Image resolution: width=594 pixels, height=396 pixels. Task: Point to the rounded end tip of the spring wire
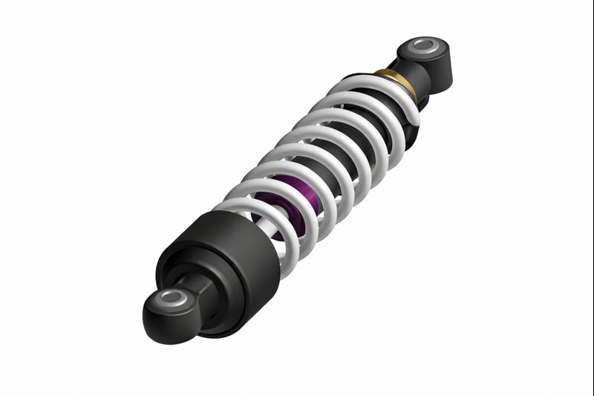[413, 119]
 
